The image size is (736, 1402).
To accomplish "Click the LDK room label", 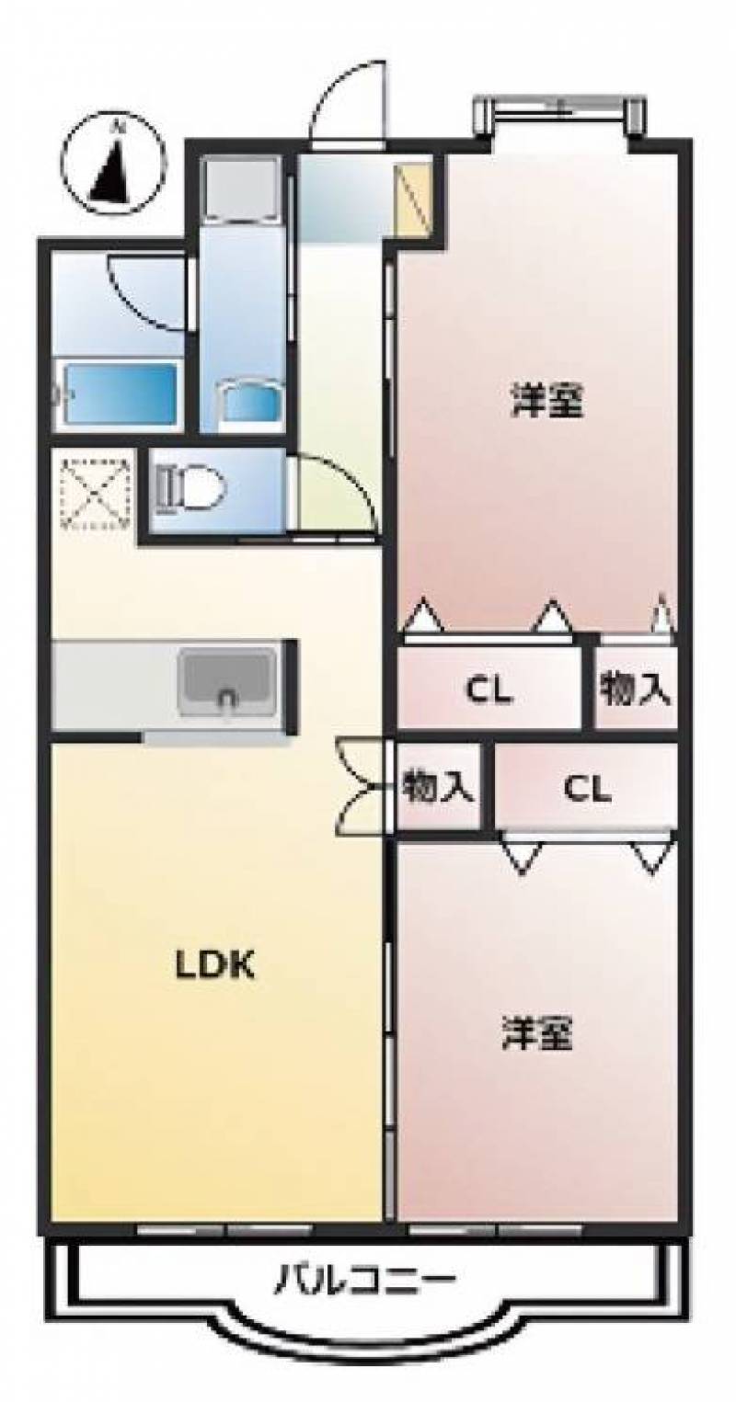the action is coord(214,965).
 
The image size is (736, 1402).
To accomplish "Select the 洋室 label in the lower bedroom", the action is coord(537,1032).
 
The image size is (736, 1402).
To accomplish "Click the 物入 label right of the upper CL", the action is coord(635,690).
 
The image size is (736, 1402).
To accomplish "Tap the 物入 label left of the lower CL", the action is coord(437,787).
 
